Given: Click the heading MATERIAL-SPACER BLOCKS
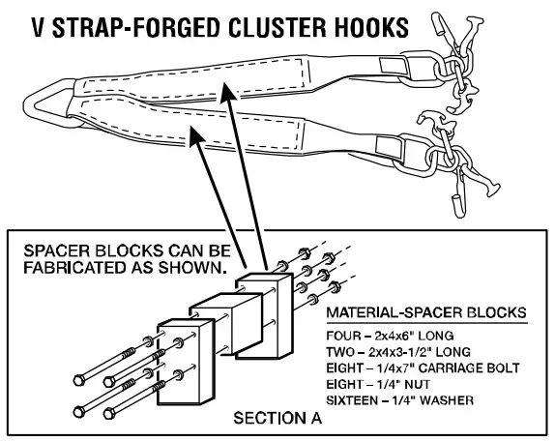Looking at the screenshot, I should click(x=425, y=314).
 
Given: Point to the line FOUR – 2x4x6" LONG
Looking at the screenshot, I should click(x=385, y=335).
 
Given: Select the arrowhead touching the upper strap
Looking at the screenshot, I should click(x=224, y=90).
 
